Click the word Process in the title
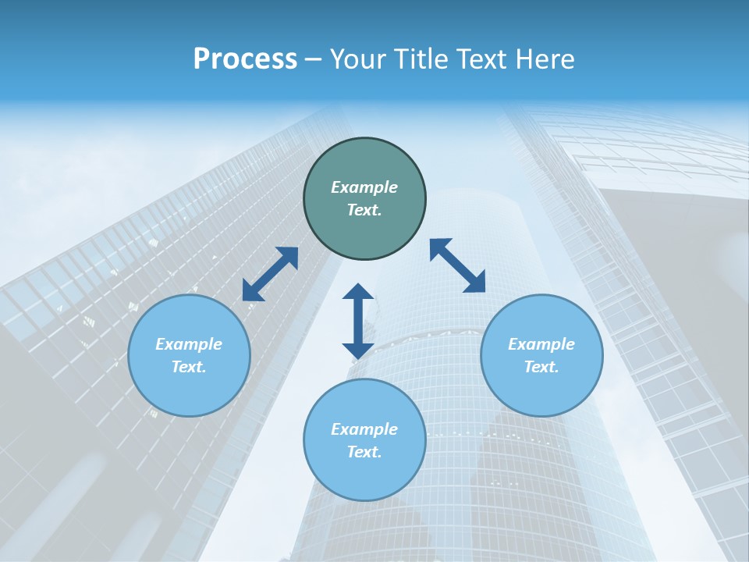(x=245, y=59)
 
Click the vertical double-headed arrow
(x=358, y=321)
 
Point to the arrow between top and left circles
(x=270, y=274)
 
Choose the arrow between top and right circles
(x=457, y=265)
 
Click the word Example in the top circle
(x=364, y=187)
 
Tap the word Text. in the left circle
(x=189, y=367)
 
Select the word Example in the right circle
(x=541, y=344)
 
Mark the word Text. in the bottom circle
(x=364, y=452)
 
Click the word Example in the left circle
(x=189, y=344)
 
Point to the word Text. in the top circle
(x=364, y=210)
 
